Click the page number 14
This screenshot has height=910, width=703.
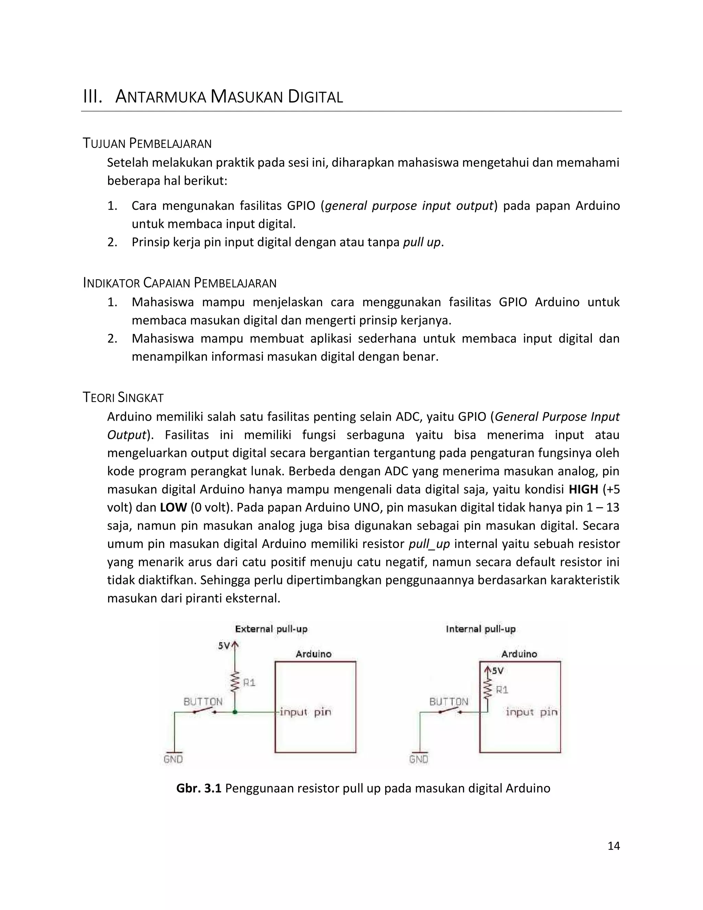(613, 845)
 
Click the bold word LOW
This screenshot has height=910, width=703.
(173, 508)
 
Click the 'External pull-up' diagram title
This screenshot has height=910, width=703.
(271, 629)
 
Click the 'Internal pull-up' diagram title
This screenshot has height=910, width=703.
(480, 629)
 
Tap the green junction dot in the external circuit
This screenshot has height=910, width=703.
(235, 712)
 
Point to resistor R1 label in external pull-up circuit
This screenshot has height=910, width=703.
(249, 683)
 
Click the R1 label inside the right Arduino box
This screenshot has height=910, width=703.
(502, 690)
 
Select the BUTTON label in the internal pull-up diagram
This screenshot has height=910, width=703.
(449, 702)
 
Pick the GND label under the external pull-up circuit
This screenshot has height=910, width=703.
(173, 759)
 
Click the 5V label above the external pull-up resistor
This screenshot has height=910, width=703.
(224, 646)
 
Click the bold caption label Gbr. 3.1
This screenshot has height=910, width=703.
(199, 788)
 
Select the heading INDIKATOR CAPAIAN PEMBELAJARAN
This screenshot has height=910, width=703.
(180, 283)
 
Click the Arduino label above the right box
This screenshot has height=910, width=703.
(519, 654)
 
